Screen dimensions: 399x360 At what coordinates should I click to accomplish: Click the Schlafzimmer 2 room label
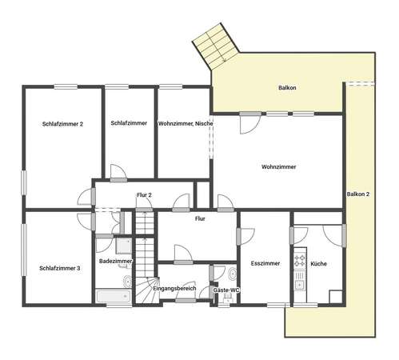62,124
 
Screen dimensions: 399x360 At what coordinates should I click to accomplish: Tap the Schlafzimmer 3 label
60,268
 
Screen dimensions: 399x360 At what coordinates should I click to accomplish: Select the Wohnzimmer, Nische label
186,124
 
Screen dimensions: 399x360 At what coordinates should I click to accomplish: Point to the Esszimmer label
265,263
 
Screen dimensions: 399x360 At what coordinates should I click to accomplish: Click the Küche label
318,264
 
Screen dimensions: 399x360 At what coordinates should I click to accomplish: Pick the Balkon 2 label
358,194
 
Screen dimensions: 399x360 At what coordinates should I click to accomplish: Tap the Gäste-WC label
226,290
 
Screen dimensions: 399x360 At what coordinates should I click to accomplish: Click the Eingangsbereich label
174,289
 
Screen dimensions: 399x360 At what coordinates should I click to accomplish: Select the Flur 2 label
144,195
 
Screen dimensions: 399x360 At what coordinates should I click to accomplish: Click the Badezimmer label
116,261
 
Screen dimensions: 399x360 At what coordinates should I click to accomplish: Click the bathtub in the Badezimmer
114,296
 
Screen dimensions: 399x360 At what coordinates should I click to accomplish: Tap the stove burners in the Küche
299,261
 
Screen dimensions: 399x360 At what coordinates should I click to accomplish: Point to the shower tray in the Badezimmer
124,246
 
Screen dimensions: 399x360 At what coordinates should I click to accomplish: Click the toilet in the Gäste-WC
233,274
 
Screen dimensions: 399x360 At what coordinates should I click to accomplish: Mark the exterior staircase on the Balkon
217,46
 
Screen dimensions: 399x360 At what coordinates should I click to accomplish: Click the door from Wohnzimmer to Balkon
250,123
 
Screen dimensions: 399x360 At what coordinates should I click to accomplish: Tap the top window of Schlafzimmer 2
66,86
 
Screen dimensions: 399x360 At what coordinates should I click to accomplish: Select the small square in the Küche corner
336,297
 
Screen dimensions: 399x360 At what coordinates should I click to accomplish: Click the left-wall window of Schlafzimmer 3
24,250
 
